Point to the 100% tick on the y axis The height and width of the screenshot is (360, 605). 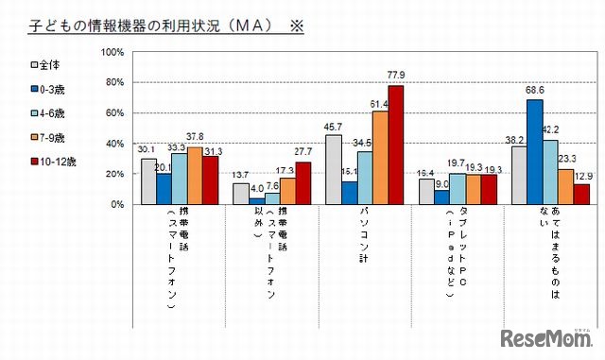112,52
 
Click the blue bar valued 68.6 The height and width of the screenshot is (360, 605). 535,152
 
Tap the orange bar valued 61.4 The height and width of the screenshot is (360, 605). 380,158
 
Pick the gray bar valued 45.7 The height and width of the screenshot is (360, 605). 334,170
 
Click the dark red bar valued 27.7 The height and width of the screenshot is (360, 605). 302,183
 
